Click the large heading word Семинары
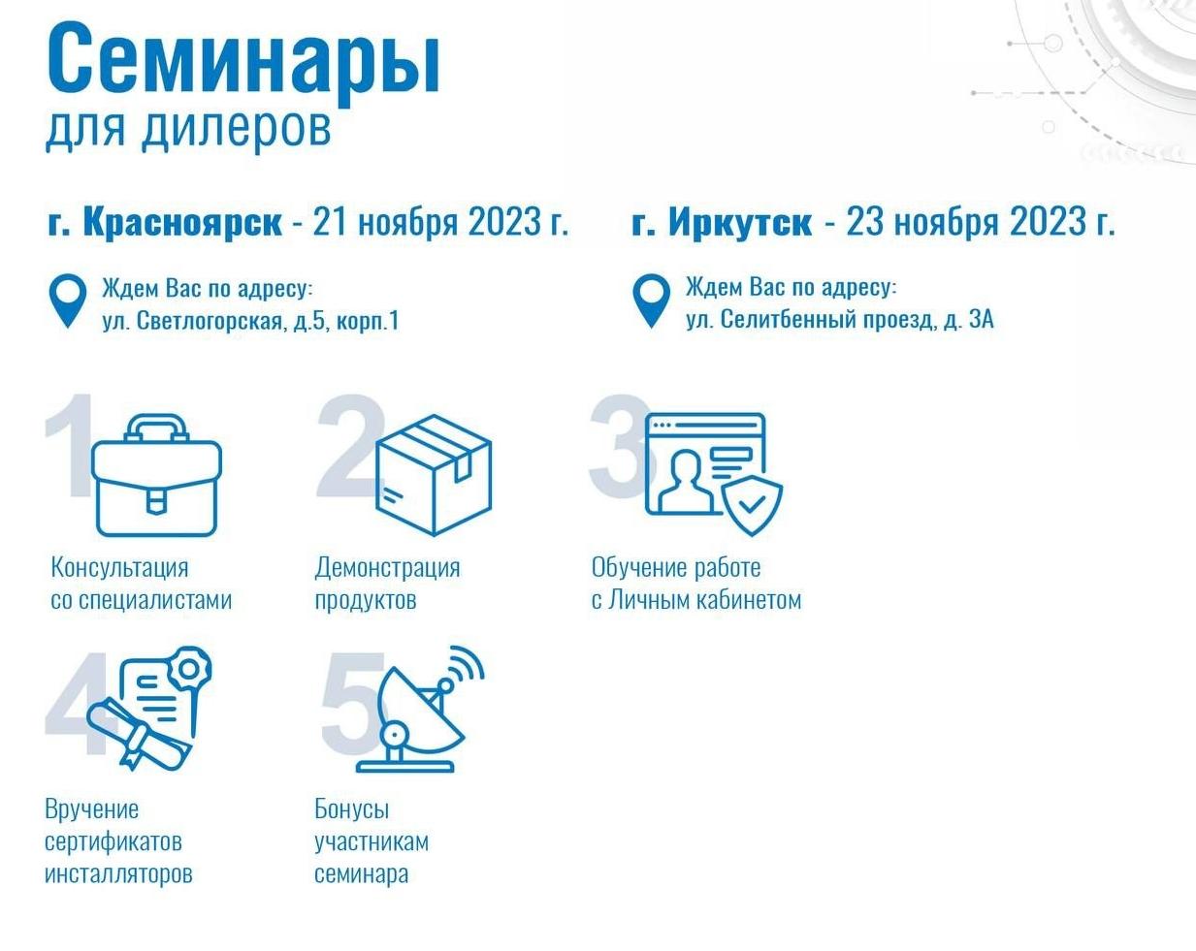click(243, 62)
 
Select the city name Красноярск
click(182, 223)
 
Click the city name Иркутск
click(740, 222)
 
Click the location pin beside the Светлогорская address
click(68, 302)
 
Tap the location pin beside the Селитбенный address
click(651, 301)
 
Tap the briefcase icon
click(157, 476)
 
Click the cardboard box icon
click(434, 475)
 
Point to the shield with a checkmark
click(752, 505)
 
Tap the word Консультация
click(119, 568)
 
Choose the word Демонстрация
click(387, 569)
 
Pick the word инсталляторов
click(118, 873)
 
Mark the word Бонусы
click(352, 809)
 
